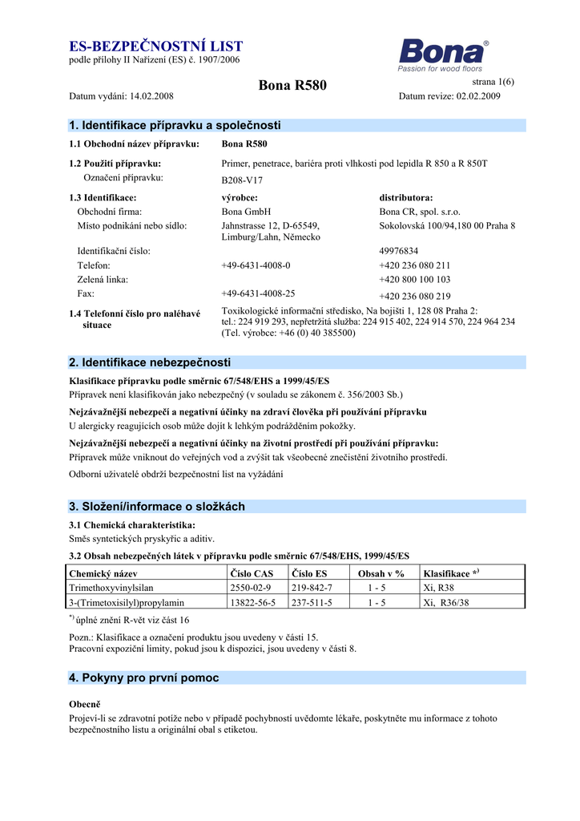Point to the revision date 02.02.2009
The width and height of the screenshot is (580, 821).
(478, 96)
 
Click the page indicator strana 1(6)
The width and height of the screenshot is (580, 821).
(493, 82)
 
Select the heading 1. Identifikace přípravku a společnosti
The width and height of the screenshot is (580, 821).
(175, 125)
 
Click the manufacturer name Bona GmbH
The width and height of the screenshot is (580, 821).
(246, 212)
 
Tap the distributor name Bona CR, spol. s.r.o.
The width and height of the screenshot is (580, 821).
(420, 212)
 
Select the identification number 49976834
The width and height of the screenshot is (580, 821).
(399, 251)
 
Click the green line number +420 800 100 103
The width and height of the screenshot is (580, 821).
(414, 280)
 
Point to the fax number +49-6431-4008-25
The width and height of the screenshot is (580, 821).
(258, 293)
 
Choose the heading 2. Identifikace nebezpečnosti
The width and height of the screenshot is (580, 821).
(150, 362)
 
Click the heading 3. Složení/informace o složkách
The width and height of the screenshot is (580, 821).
(157, 507)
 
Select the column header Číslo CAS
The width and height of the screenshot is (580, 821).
(252, 574)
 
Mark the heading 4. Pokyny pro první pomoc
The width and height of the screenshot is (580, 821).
(144, 677)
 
